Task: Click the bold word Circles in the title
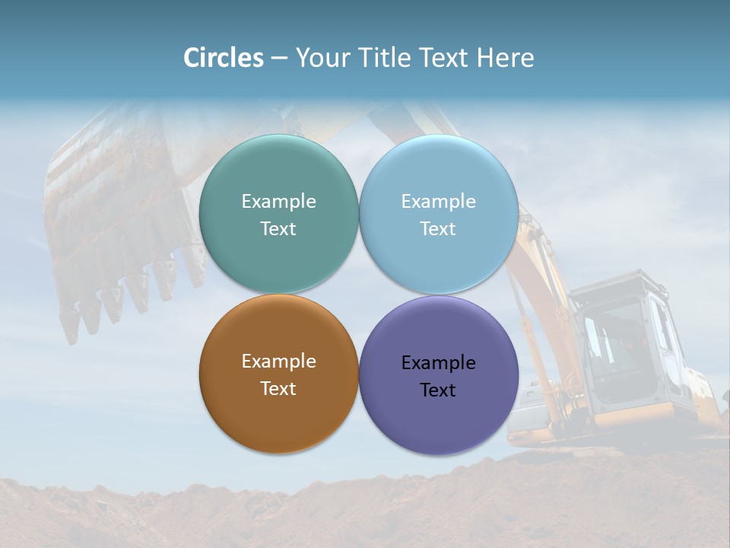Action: [224, 58]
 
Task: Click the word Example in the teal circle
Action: [278, 202]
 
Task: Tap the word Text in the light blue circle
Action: [438, 229]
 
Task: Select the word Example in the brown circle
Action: [278, 362]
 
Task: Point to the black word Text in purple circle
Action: [438, 390]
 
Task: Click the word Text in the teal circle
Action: [278, 229]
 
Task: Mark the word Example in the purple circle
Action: [438, 363]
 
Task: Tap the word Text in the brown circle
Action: [278, 389]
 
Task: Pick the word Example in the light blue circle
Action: [438, 202]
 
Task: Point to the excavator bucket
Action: [114, 213]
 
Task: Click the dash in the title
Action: [279, 59]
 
